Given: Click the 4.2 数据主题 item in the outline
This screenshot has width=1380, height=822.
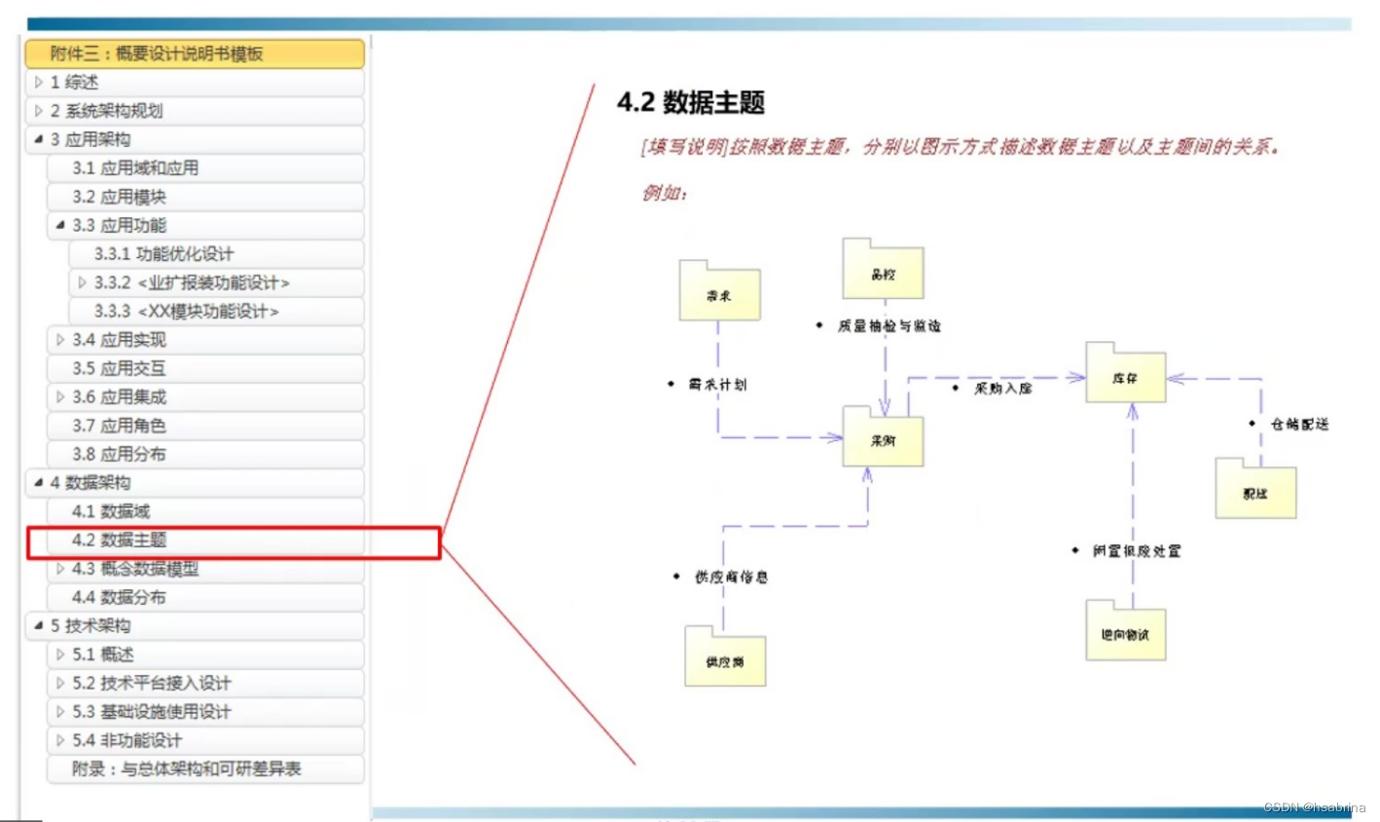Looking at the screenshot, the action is pyautogui.click(x=120, y=541).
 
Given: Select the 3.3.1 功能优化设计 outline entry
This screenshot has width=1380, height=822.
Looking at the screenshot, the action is pyautogui.click(x=163, y=254).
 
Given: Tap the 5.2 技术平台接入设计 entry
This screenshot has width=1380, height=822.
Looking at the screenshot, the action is pyautogui.click(x=152, y=683).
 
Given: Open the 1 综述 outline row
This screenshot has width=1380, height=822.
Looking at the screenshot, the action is pyautogui.click(x=74, y=83).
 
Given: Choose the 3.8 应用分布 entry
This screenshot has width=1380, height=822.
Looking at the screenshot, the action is pyautogui.click(x=119, y=455).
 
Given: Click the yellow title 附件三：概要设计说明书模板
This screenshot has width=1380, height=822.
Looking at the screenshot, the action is pyautogui.click(x=157, y=54).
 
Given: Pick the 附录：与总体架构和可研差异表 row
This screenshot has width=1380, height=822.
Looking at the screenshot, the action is pyautogui.click(x=186, y=769).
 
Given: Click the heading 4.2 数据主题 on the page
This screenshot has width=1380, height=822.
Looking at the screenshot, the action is pyautogui.click(x=691, y=102).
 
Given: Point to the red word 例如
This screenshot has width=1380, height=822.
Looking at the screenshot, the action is pyautogui.click(x=664, y=193).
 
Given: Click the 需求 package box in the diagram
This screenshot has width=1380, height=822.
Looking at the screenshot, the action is pyautogui.click(x=719, y=295).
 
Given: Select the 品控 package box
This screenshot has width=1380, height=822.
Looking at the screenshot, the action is pyautogui.click(x=883, y=274).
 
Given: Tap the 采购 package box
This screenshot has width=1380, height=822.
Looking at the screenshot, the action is pyautogui.click(x=883, y=441).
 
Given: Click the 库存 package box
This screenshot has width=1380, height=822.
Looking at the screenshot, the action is pyautogui.click(x=1125, y=378).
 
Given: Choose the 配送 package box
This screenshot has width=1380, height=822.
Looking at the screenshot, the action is pyautogui.click(x=1255, y=493).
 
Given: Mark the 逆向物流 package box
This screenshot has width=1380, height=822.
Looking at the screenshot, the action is pyautogui.click(x=1125, y=635).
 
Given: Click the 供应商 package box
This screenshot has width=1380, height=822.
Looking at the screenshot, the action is pyautogui.click(x=725, y=661).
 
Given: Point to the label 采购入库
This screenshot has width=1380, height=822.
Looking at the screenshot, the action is pyautogui.click(x=1003, y=389).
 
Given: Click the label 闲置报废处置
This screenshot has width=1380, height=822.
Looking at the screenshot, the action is pyautogui.click(x=1136, y=551).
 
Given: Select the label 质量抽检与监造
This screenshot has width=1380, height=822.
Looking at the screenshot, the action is pyautogui.click(x=889, y=326).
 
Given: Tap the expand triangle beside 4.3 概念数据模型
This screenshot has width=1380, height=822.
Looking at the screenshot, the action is pyautogui.click(x=60, y=569).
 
